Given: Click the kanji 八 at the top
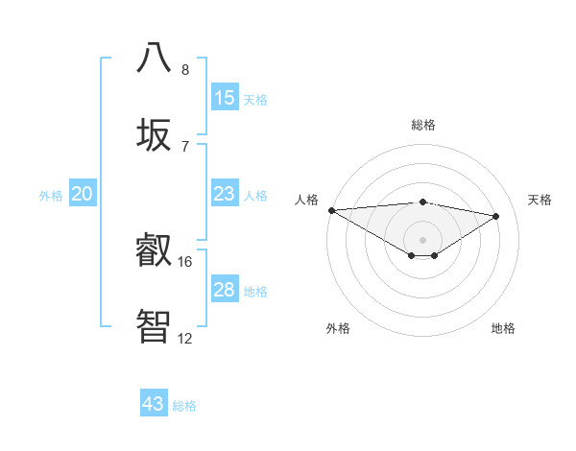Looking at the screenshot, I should pyautogui.click(x=154, y=58).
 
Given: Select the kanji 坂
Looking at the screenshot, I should pyautogui.click(x=154, y=134).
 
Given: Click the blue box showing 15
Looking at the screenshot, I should pyautogui.click(x=225, y=98).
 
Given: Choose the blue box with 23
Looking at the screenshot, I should pyautogui.click(x=225, y=194).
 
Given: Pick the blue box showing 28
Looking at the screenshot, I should pyautogui.click(x=225, y=290).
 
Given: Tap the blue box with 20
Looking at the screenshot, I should pyautogui.click(x=83, y=194).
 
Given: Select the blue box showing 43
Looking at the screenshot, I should pyautogui.click(x=154, y=404).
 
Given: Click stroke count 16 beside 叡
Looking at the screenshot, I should pyautogui.click(x=185, y=261).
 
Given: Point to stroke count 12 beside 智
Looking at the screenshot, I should pyautogui.click(x=185, y=338).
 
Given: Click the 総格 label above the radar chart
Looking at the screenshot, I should pyautogui.click(x=422, y=125).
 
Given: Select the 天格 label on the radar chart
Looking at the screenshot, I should pyautogui.click(x=540, y=200).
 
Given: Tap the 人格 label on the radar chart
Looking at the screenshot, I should pyautogui.click(x=306, y=200).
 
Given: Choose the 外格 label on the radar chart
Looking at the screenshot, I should pyautogui.click(x=338, y=328).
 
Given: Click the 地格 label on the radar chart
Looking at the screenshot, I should pyautogui.click(x=503, y=328).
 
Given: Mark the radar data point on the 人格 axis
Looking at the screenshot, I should pyautogui.click(x=331, y=210).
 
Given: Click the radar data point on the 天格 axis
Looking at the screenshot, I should pyautogui.click(x=496, y=216).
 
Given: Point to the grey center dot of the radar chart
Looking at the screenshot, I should pyautogui.click(x=422, y=239).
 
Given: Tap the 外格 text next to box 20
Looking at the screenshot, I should pyautogui.click(x=51, y=196).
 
